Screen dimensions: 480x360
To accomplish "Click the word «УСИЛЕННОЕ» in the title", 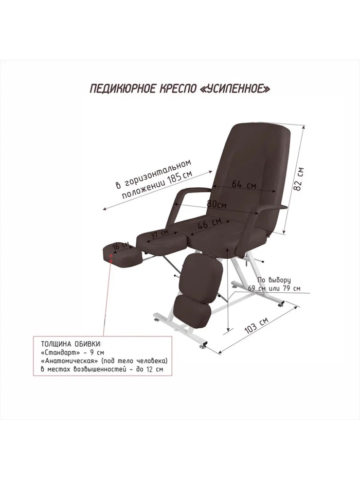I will (233, 88).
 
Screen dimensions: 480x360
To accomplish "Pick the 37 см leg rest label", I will (159, 234).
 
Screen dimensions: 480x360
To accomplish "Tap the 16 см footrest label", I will (122, 246).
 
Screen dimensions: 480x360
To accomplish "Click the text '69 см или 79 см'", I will (275, 288).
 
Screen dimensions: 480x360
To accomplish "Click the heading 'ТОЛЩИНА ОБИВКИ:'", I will (70, 343).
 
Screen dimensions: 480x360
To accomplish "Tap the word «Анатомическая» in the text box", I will (68, 361).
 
